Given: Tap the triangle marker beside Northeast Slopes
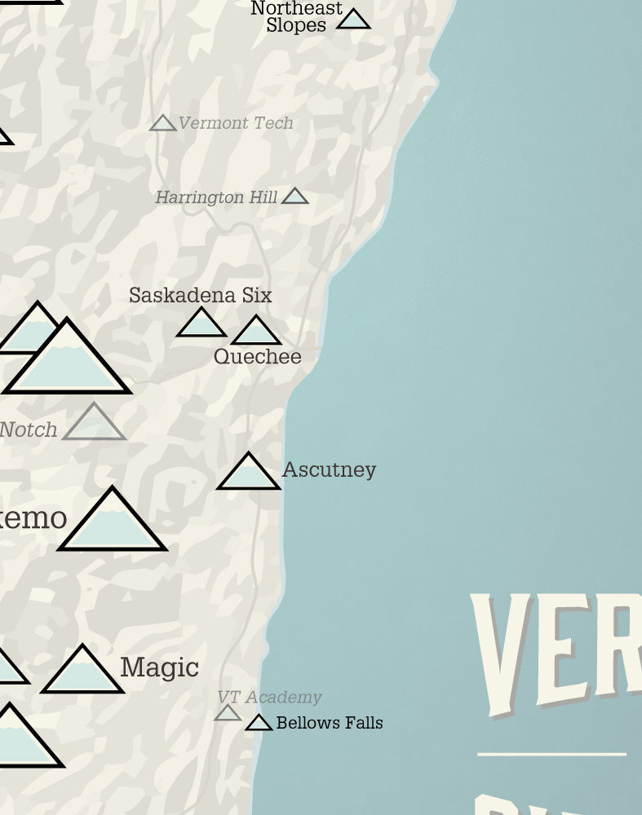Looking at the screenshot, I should (353, 20).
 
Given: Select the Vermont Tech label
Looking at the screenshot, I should (235, 123).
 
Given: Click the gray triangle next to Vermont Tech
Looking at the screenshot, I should (163, 124).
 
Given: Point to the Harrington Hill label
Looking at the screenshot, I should (215, 197).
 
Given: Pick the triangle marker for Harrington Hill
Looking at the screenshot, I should (294, 196).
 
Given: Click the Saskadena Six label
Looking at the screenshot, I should (200, 295).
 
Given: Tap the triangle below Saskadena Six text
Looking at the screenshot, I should (201, 324).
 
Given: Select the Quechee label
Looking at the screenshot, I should (257, 357).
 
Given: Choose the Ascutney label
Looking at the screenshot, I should (329, 469).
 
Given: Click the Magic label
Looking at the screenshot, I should (159, 667).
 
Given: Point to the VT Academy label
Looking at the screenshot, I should (269, 697).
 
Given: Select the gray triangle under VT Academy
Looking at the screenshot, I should (228, 714).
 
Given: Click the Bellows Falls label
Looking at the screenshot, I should (330, 723).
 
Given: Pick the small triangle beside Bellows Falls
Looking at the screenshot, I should (259, 724).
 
